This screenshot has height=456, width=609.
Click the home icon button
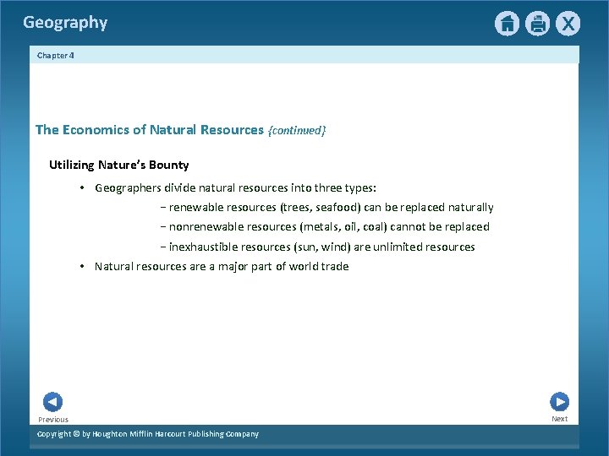[x=507, y=24]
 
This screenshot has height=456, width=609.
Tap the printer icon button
[x=537, y=24]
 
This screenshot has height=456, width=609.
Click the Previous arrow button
[x=52, y=402]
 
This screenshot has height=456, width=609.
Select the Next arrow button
[x=559, y=402]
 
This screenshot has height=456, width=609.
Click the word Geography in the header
[x=65, y=23]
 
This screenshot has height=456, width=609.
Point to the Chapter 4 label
[x=55, y=55]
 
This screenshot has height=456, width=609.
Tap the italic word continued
[x=296, y=131]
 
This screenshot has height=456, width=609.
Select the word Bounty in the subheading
[x=167, y=165]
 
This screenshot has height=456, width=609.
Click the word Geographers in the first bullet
[x=129, y=187]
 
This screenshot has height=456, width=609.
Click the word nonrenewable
[x=206, y=226]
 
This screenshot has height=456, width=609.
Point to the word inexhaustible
[x=204, y=247]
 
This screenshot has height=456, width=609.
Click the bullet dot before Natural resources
[x=82, y=266]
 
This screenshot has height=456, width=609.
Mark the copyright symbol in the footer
[x=76, y=434]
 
